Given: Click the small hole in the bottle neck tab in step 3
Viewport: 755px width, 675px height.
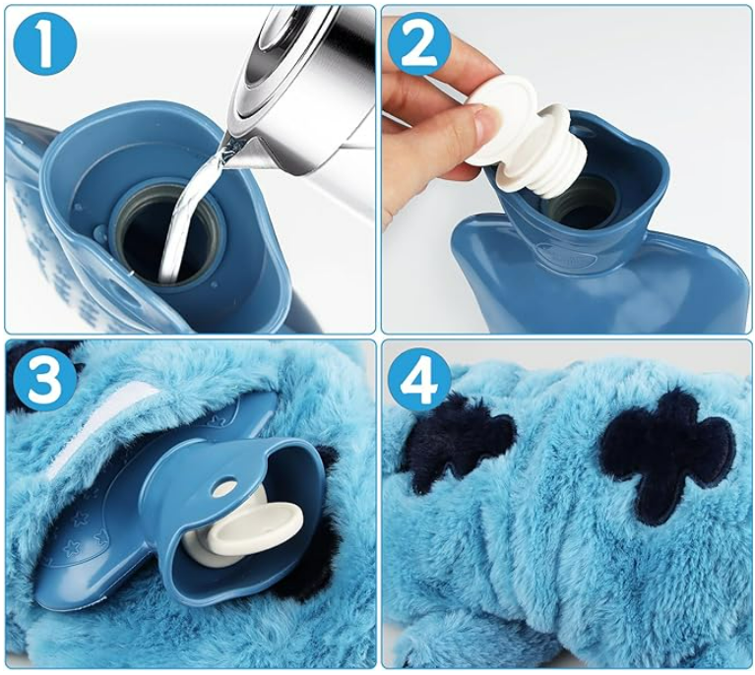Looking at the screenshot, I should click(x=224, y=487).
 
